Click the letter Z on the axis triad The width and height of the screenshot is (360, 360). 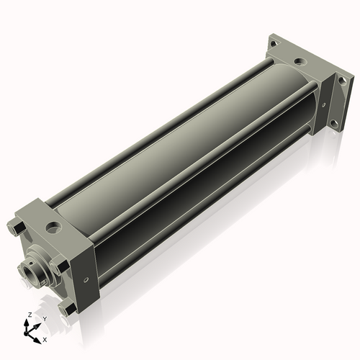pos(30,315)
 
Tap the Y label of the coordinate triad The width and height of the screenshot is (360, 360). pos(45,319)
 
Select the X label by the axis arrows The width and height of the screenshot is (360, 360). pos(45,340)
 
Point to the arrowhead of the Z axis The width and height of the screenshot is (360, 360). pos(26,323)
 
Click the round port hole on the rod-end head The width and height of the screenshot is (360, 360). pos(54,227)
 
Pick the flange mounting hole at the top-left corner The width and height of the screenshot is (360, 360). pos(274,44)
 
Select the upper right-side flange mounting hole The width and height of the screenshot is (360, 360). pos(341,81)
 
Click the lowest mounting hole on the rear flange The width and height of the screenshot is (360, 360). pos(333,124)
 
